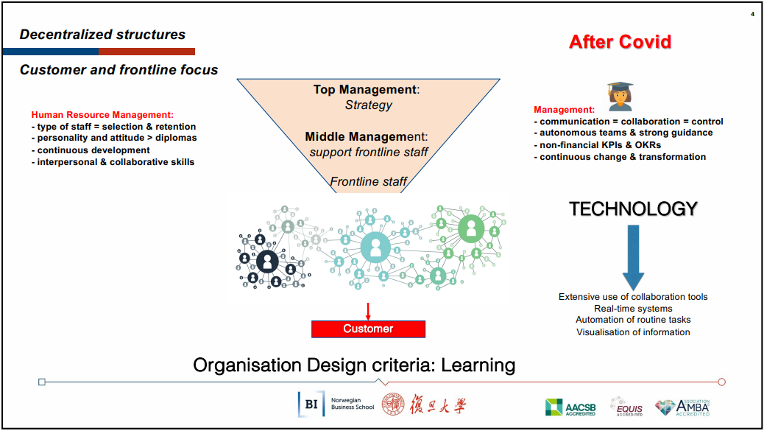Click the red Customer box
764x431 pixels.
[368, 329]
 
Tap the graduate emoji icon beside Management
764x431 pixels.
[620, 97]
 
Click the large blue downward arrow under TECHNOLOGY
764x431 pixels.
[634, 258]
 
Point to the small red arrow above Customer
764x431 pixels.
[368, 312]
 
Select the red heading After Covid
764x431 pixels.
[620, 42]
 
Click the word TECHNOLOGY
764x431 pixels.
[634, 209]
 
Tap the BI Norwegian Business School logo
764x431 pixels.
[336, 404]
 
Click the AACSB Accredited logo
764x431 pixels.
[570, 407]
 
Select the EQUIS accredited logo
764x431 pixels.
[626, 407]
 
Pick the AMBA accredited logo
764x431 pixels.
[682, 407]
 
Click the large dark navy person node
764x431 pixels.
[267, 262]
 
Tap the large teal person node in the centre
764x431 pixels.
[375, 248]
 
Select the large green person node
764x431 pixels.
[471, 228]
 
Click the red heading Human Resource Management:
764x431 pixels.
[102, 115]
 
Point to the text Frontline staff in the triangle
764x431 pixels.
[368, 182]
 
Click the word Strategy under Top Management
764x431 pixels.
[368, 105]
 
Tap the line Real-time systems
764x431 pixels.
[633, 309]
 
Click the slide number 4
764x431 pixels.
[752, 14]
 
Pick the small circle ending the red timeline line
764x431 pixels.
[721, 382]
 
